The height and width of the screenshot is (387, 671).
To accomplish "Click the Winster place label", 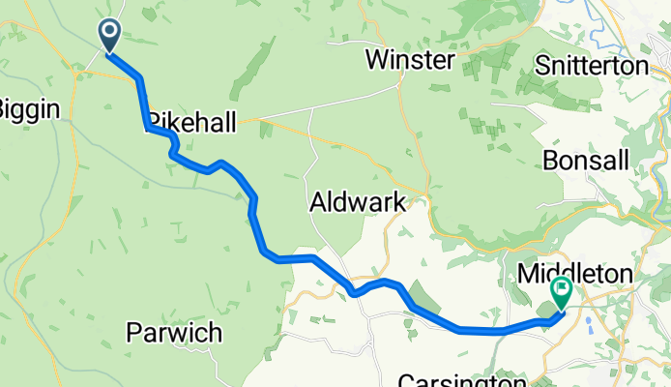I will pos(410,61).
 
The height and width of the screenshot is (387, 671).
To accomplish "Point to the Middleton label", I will pos(575,274).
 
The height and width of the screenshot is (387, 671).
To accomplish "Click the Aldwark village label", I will pos(357,202).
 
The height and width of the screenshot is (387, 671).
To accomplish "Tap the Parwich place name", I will pos(175,334).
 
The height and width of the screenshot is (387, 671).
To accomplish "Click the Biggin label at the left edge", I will pos(29,108).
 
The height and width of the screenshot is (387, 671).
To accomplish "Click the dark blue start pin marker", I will pos(109,36).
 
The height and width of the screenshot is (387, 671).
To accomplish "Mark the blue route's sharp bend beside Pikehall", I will pos(147,127).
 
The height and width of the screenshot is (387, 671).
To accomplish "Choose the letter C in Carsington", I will pos(405,379).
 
